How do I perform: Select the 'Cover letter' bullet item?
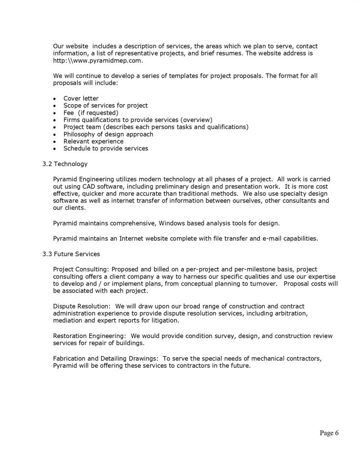tap(81, 98)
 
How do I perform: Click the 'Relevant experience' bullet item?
tap(93, 141)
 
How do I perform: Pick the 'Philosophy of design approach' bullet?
tap(108, 134)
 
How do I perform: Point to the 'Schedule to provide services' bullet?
tap(106, 148)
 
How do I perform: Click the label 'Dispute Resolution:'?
tap(81, 306)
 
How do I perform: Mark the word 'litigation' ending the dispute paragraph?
tap(165, 320)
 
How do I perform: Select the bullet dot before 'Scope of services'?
tap(55, 106)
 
